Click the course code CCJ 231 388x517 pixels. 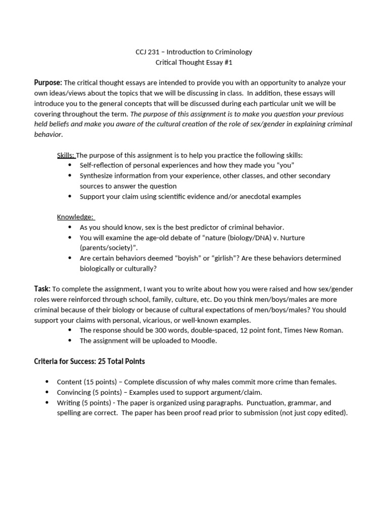click(147, 52)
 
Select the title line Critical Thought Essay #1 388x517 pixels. click(194, 63)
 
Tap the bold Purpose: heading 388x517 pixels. click(48, 83)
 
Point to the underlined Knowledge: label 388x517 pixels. click(75, 217)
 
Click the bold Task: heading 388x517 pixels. click(42, 289)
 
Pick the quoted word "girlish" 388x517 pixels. click(222, 258)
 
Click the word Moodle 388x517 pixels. click(205, 341)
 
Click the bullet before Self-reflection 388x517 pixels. click(70, 166)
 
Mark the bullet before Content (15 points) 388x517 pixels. click(47, 382)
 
